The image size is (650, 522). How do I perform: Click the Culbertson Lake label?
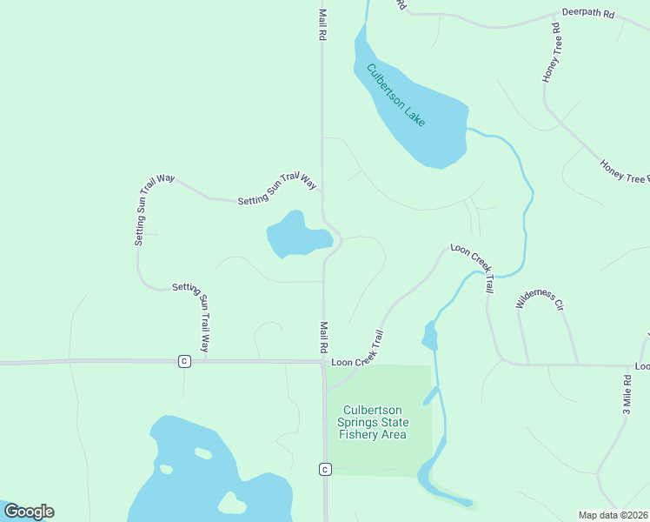point(396,95)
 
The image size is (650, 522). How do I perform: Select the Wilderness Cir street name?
point(541,299)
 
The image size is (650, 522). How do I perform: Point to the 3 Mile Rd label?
point(627,393)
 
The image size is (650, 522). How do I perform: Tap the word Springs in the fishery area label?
point(359,423)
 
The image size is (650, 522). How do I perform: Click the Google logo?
point(29,512)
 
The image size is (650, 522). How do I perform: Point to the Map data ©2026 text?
point(613,515)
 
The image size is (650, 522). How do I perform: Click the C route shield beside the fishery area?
point(324,470)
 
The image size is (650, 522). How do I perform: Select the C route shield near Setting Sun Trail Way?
point(184,361)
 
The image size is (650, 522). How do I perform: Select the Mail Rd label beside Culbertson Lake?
point(322,25)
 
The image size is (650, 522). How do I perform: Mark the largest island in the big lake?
point(231,502)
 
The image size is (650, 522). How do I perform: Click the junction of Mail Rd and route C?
point(324,361)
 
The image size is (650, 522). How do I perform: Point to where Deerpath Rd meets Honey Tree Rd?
point(557,16)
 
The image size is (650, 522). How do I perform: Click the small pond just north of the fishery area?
point(429,335)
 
